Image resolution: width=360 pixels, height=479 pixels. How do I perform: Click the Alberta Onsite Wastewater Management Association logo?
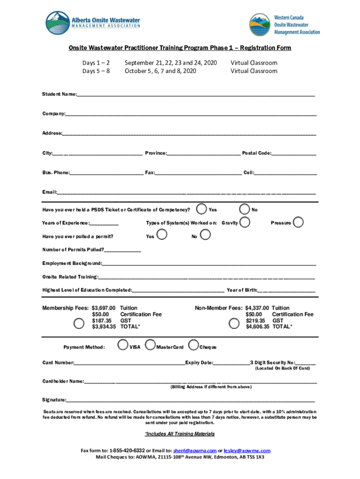tap(93, 23)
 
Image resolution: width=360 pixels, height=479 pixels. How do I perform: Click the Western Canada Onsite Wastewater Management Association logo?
tap(284, 25)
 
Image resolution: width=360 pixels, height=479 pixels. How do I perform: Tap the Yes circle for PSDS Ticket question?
tap(202, 209)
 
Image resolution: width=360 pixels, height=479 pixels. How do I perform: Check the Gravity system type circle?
tap(244, 222)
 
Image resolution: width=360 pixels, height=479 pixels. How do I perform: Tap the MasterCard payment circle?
tap(150, 346)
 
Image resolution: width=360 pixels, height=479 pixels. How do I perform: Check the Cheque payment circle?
tap(193, 346)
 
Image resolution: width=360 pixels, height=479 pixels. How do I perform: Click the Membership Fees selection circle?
tap(79, 323)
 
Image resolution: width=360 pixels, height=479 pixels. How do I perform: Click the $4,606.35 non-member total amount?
tap(258, 327)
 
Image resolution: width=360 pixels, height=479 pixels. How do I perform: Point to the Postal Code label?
tap(256, 153)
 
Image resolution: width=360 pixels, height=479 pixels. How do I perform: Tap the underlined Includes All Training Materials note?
tap(180, 434)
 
